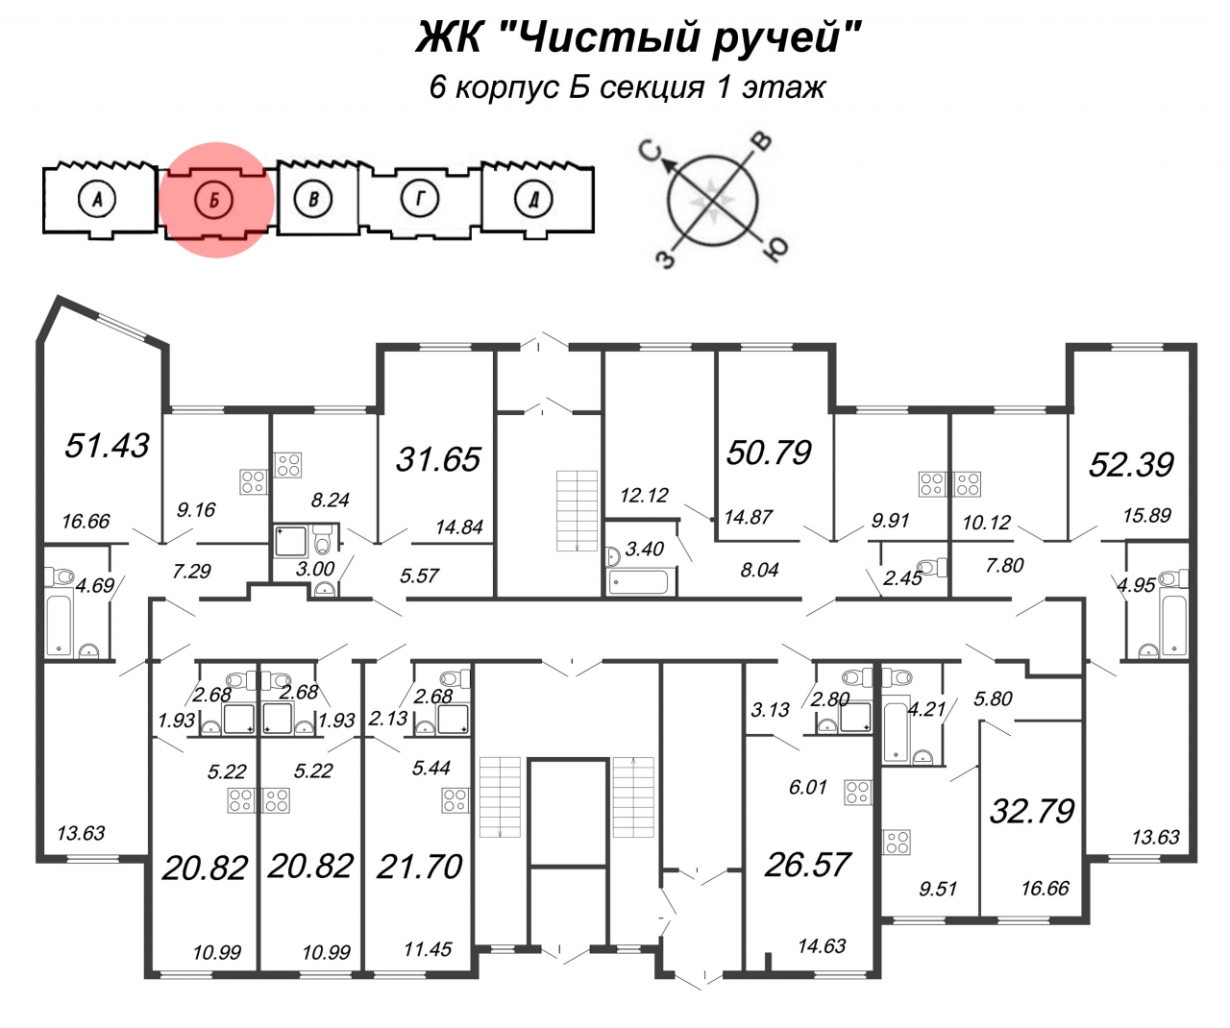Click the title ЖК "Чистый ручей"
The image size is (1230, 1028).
[637, 38]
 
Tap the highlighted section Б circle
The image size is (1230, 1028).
[215, 200]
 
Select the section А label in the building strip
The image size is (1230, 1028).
[96, 200]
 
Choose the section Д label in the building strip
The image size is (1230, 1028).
[533, 200]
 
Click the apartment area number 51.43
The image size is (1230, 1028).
[107, 445]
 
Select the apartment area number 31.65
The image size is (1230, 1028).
[438, 459]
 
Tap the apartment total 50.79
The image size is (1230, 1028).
[769, 452]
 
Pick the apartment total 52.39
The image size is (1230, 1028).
[1131, 464]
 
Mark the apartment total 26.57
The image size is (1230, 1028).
[807, 865]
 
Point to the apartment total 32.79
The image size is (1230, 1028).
[1032, 811]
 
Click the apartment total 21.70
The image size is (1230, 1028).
[420, 867]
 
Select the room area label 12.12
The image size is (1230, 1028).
[644, 496]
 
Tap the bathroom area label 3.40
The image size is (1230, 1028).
[644, 550]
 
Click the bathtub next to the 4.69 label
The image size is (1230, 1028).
[60, 624]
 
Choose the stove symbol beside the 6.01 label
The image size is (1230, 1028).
[857, 793]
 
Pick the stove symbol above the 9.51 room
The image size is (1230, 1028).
[897, 843]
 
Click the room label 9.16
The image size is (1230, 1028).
[196, 510]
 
